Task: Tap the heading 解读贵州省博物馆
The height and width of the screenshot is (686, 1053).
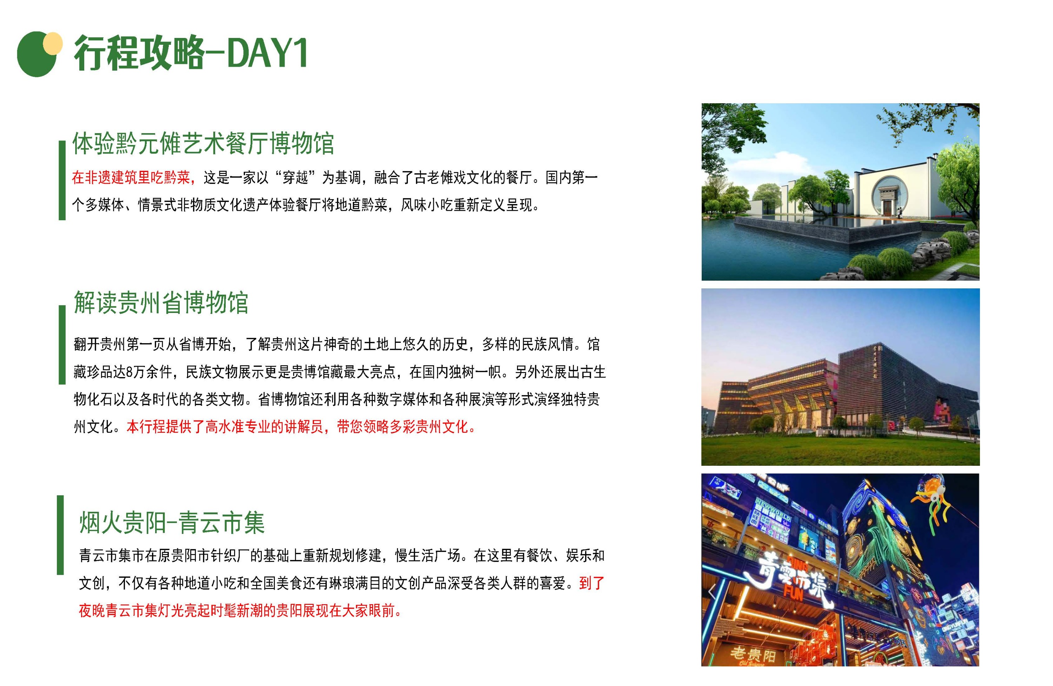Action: pyautogui.click(x=161, y=302)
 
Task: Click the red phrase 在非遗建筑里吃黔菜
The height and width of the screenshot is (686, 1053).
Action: pyautogui.click(x=131, y=178)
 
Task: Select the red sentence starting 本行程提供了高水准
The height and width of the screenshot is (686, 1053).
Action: pyautogui.click(x=301, y=427)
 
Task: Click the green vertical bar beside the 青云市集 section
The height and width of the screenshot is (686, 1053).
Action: pyautogui.click(x=60, y=535)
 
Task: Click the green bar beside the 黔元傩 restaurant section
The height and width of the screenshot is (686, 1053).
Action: pyautogui.click(x=62, y=180)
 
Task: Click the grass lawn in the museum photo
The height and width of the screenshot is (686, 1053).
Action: pyautogui.click(x=840, y=448)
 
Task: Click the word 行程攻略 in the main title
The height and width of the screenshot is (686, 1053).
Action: pyautogui.click(x=139, y=53)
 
